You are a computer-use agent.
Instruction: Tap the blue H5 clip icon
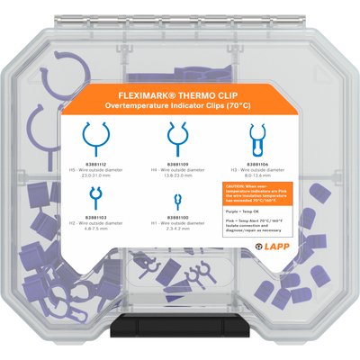click(x=93, y=138)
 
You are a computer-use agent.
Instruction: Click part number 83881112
click(x=93, y=165)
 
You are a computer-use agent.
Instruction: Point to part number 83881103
click(x=94, y=217)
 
